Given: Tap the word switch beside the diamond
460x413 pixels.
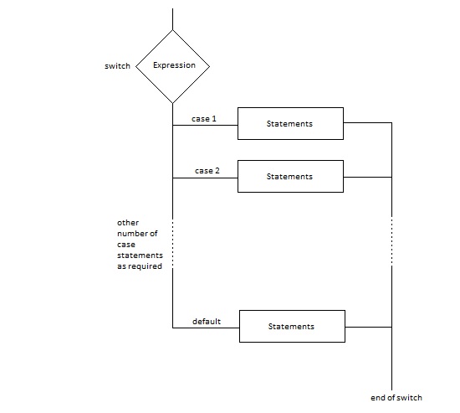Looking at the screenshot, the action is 117,66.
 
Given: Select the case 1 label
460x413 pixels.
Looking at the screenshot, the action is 204,119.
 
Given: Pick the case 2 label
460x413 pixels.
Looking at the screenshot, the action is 207,171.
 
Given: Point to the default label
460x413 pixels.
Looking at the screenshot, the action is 207,322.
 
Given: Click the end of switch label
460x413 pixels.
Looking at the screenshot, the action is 396,398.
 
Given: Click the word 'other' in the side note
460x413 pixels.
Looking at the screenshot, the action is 128,223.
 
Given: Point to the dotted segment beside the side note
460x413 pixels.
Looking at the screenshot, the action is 173,244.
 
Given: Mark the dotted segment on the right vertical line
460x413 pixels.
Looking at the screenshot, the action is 392,241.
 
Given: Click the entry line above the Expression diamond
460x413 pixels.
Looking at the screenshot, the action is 173,18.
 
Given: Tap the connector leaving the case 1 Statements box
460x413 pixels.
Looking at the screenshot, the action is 368,122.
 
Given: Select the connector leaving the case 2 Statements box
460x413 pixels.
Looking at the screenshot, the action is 368,177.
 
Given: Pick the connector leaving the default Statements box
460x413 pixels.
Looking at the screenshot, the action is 369,327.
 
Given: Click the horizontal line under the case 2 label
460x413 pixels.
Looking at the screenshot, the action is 205,178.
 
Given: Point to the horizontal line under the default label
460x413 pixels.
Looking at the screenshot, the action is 206,328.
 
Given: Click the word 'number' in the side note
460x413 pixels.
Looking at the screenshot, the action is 133,234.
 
